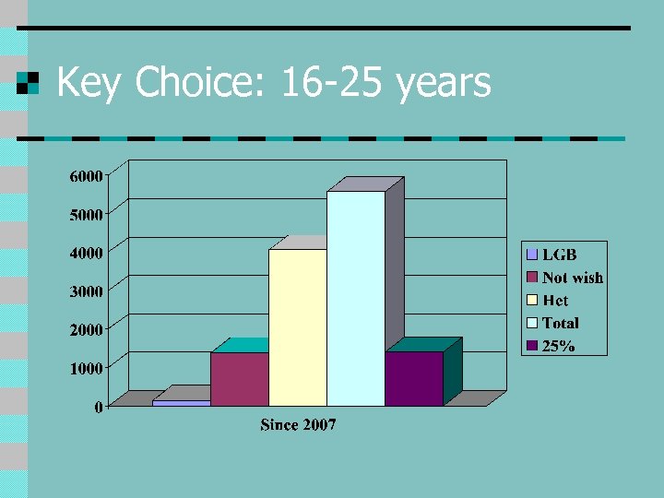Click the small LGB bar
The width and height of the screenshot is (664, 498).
[181, 402]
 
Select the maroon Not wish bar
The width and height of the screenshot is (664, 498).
[239, 379]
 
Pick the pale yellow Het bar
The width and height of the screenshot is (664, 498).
[297, 327]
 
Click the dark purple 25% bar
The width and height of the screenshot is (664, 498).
[414, 379]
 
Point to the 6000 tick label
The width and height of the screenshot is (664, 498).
[86, 175]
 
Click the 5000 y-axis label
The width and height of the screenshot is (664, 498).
[86, 214]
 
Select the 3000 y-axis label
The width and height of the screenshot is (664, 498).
[86, 291]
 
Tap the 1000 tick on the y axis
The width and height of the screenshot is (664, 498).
[86, 368]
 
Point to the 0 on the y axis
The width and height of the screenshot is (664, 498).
[98, 407]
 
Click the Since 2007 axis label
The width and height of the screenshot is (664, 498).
[298, 425]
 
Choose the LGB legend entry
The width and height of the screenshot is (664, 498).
[560, 255]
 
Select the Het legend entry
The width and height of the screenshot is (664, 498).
[555, 301]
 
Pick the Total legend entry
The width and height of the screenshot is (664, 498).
[561, 323]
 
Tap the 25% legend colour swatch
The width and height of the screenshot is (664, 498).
[532, 346]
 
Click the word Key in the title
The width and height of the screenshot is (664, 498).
[91, 84]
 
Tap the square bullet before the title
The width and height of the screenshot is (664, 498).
[29, 83]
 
